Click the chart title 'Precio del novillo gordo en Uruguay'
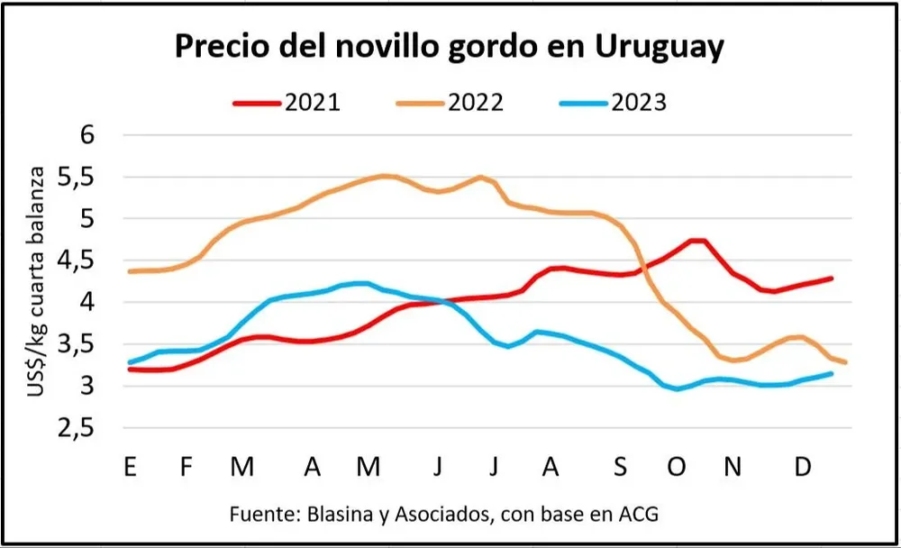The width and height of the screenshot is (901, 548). coord(449,47)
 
